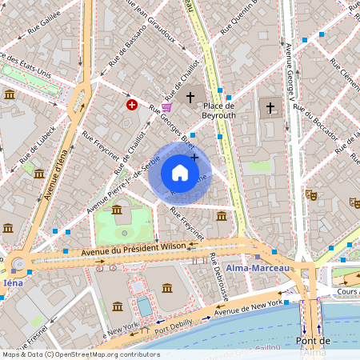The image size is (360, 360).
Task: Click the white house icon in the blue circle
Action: pos(180,173)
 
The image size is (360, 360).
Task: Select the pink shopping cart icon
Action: pos(166,106)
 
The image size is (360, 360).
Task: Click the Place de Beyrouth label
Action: pos(218,110)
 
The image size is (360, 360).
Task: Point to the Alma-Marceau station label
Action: pos(257,267)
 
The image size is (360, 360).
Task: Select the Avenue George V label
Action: pos(291,71)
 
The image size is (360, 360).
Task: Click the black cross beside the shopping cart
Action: pos(190,98)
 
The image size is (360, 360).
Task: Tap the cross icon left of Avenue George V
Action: pos(270,106)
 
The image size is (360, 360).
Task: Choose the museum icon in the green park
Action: pos(117,210)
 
